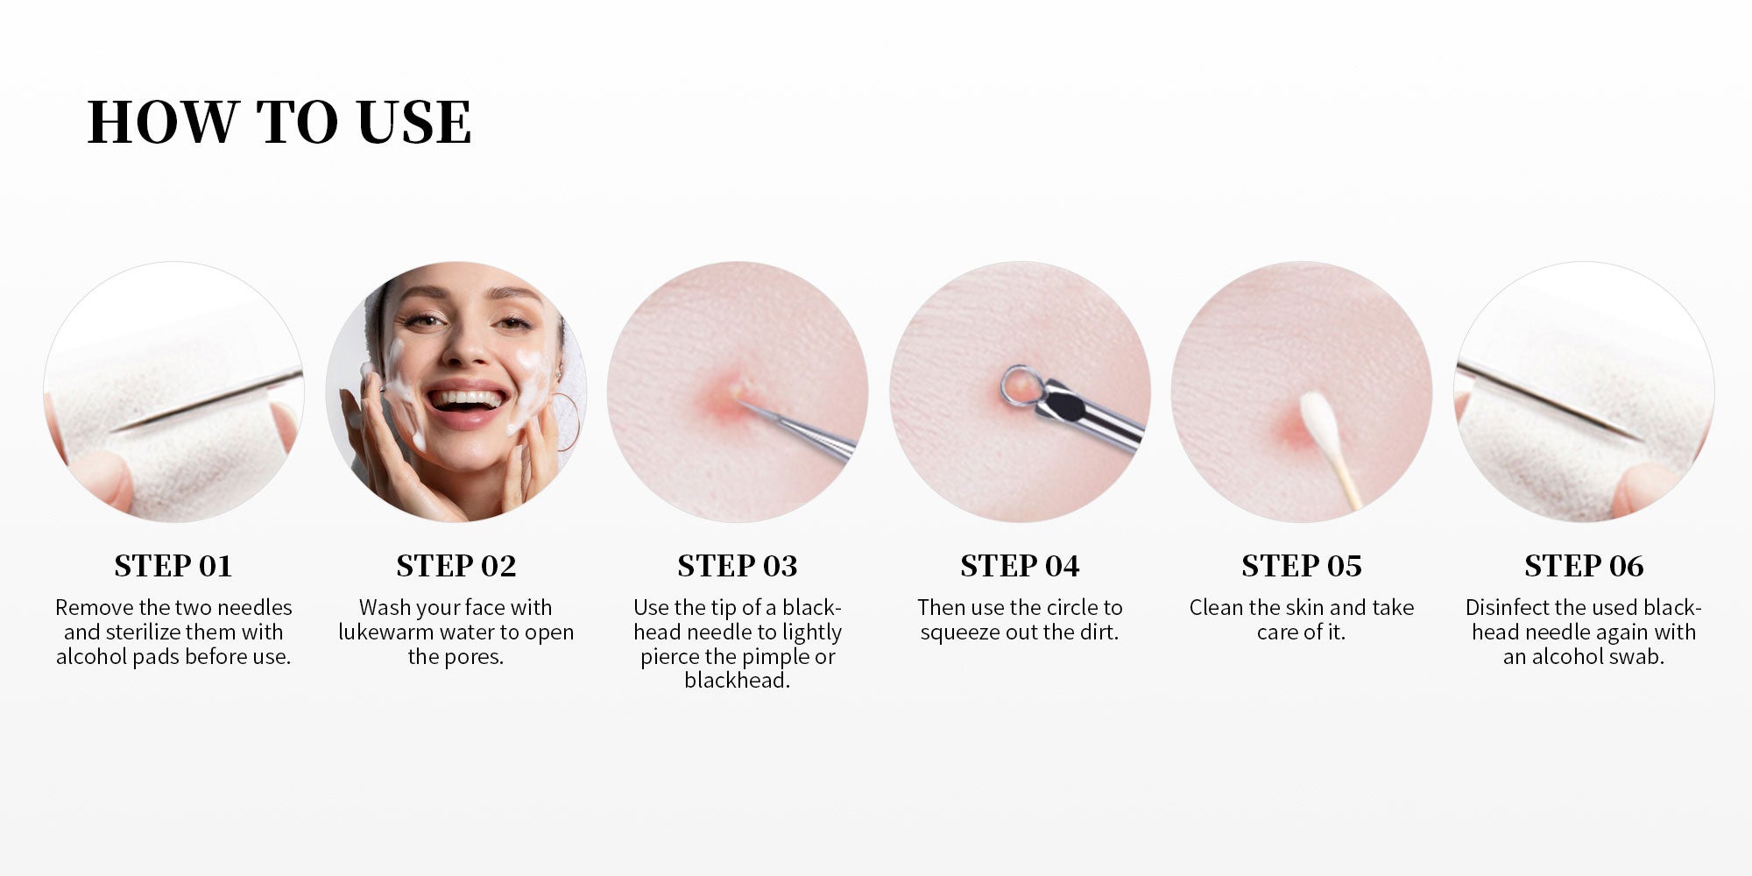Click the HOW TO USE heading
[x=279, y=122]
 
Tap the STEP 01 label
[x=173, y=566]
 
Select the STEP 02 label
[x=456, y=566]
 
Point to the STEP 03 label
[x=738, y=566]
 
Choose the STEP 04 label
[x=1020, y=566]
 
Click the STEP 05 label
[x=1302, y=566]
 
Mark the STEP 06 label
[x=1584, y=566]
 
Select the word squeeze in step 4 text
[x=956, y=632]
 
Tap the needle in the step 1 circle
[x=210, y=401]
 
